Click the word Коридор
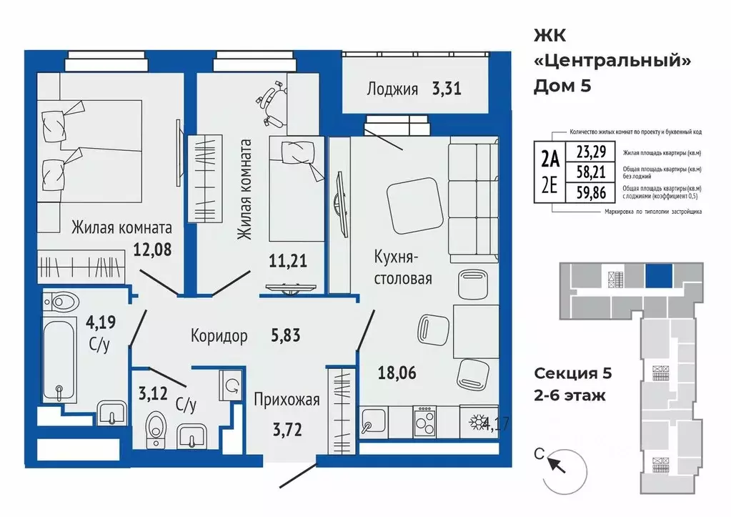(x=219, y=335)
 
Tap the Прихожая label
(x=286, y=400)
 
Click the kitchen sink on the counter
(x=372, y=423)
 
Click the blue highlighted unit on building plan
(x=658, y=275)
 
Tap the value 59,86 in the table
(x=585, y=191)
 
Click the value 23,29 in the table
(x=585, y=152)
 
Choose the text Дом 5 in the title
(x=562, y=87)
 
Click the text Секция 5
(x=573, y=373)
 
